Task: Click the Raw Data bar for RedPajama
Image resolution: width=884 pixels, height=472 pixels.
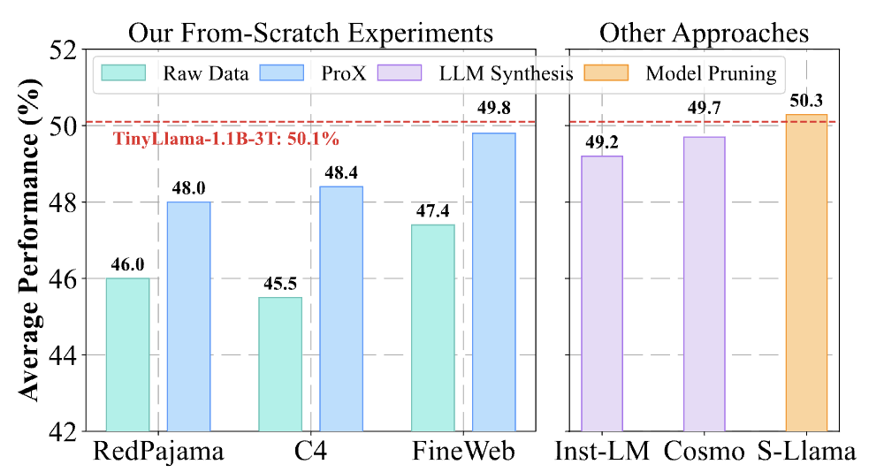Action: [127, 354]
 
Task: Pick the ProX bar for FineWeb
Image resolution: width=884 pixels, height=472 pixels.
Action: [494, 282]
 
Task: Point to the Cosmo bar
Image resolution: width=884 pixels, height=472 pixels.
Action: [704, 284]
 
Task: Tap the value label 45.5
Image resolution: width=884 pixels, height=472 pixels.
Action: [280, 285]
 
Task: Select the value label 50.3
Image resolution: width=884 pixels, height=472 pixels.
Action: [806, 101]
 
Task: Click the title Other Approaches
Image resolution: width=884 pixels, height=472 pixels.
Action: [704, 32]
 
